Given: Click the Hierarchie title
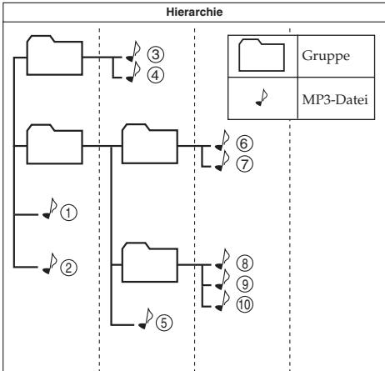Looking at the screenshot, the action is (x=194, y=12).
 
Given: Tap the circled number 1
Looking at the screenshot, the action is (x=68, y=213).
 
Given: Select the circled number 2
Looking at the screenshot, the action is (x=68, y=268).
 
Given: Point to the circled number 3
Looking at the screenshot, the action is (x=156, y=54).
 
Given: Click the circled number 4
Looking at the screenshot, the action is (x=156, y=75).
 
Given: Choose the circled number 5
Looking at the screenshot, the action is (x=164, y=323).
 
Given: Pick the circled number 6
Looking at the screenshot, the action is (x=244, y=143).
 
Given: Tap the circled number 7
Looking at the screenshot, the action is (x=244, y=164).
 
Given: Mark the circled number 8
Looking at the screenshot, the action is (x=244, y=263).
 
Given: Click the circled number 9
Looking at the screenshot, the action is (x=244, y=284).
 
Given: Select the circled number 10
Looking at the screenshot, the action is (x=244, y=304).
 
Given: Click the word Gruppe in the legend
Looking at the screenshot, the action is (x=326, y=57).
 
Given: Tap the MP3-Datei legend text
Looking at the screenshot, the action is (x=335, y=99).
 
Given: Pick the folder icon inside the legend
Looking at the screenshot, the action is (x=262, y=55).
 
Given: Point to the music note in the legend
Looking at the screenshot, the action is (x=262, y=98).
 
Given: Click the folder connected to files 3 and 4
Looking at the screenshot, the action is (x=55, y=55).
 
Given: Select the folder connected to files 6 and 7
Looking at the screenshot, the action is (x=150, y=143).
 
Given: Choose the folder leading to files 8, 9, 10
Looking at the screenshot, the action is (x=150, y=263).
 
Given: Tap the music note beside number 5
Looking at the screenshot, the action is (x=146, y=318).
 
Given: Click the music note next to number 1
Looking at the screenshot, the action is (x=50, y=208).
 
